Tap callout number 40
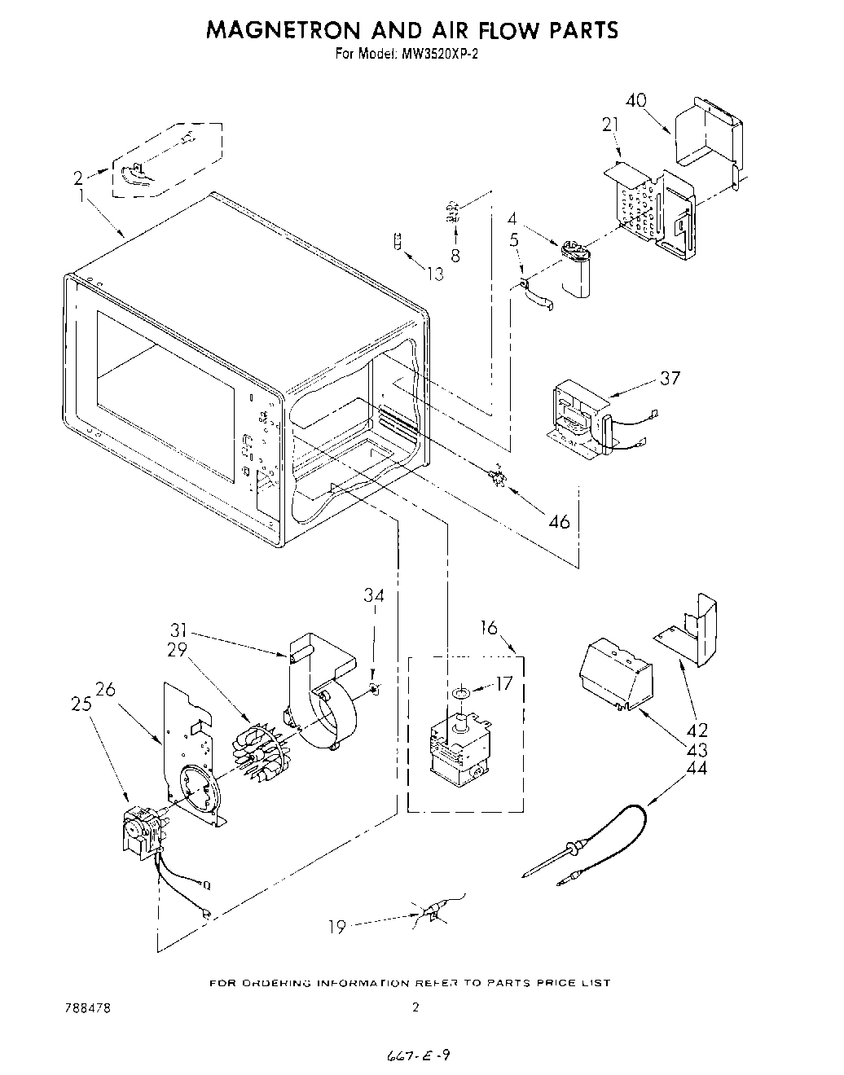[x=636, y=100]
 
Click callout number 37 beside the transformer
[x=670, y=378]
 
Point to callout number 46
[x=559, y=521]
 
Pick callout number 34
[x=373, y=596]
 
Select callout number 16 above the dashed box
[x=489, y=627]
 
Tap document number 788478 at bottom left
[x=87, y=1007]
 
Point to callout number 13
[x=437, y=274]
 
